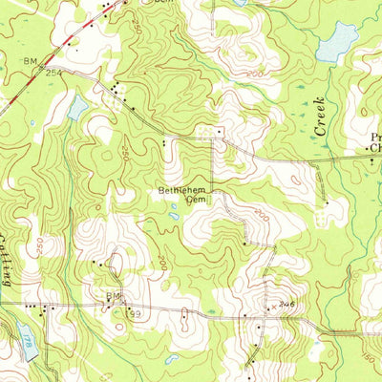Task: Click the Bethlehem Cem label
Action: [x=182, y=194]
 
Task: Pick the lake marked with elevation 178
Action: [x=26, y=340]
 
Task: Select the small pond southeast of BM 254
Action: [x=76, y=107]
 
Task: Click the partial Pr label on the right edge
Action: [x=375, y=138]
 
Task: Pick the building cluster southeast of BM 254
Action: [x=117, y=93]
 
